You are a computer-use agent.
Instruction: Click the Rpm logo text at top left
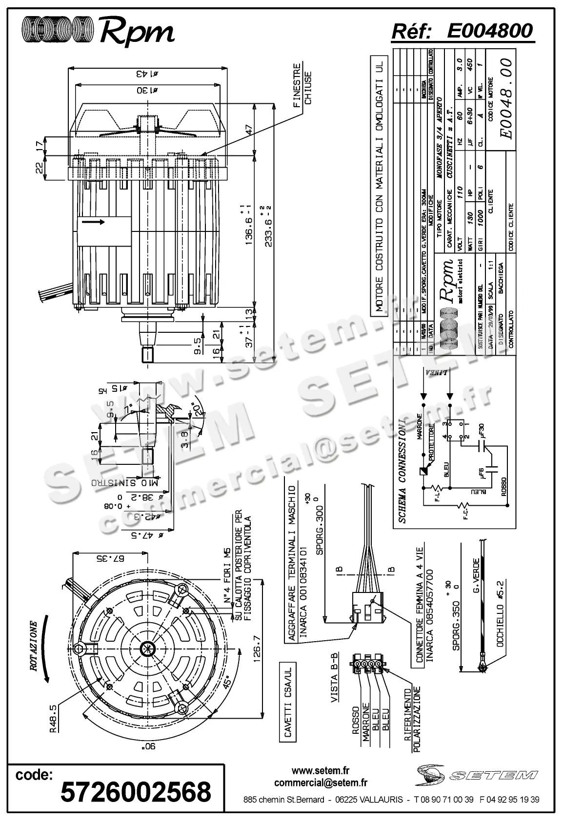[137, 32]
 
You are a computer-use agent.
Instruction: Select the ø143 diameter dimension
[148, 74]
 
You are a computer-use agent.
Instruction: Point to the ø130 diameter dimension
[148, 90]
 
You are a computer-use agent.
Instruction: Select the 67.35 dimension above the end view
[111, 557]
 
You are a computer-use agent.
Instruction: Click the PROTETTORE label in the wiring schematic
[432, 441]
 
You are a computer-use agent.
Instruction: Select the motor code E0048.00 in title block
[505, 99]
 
